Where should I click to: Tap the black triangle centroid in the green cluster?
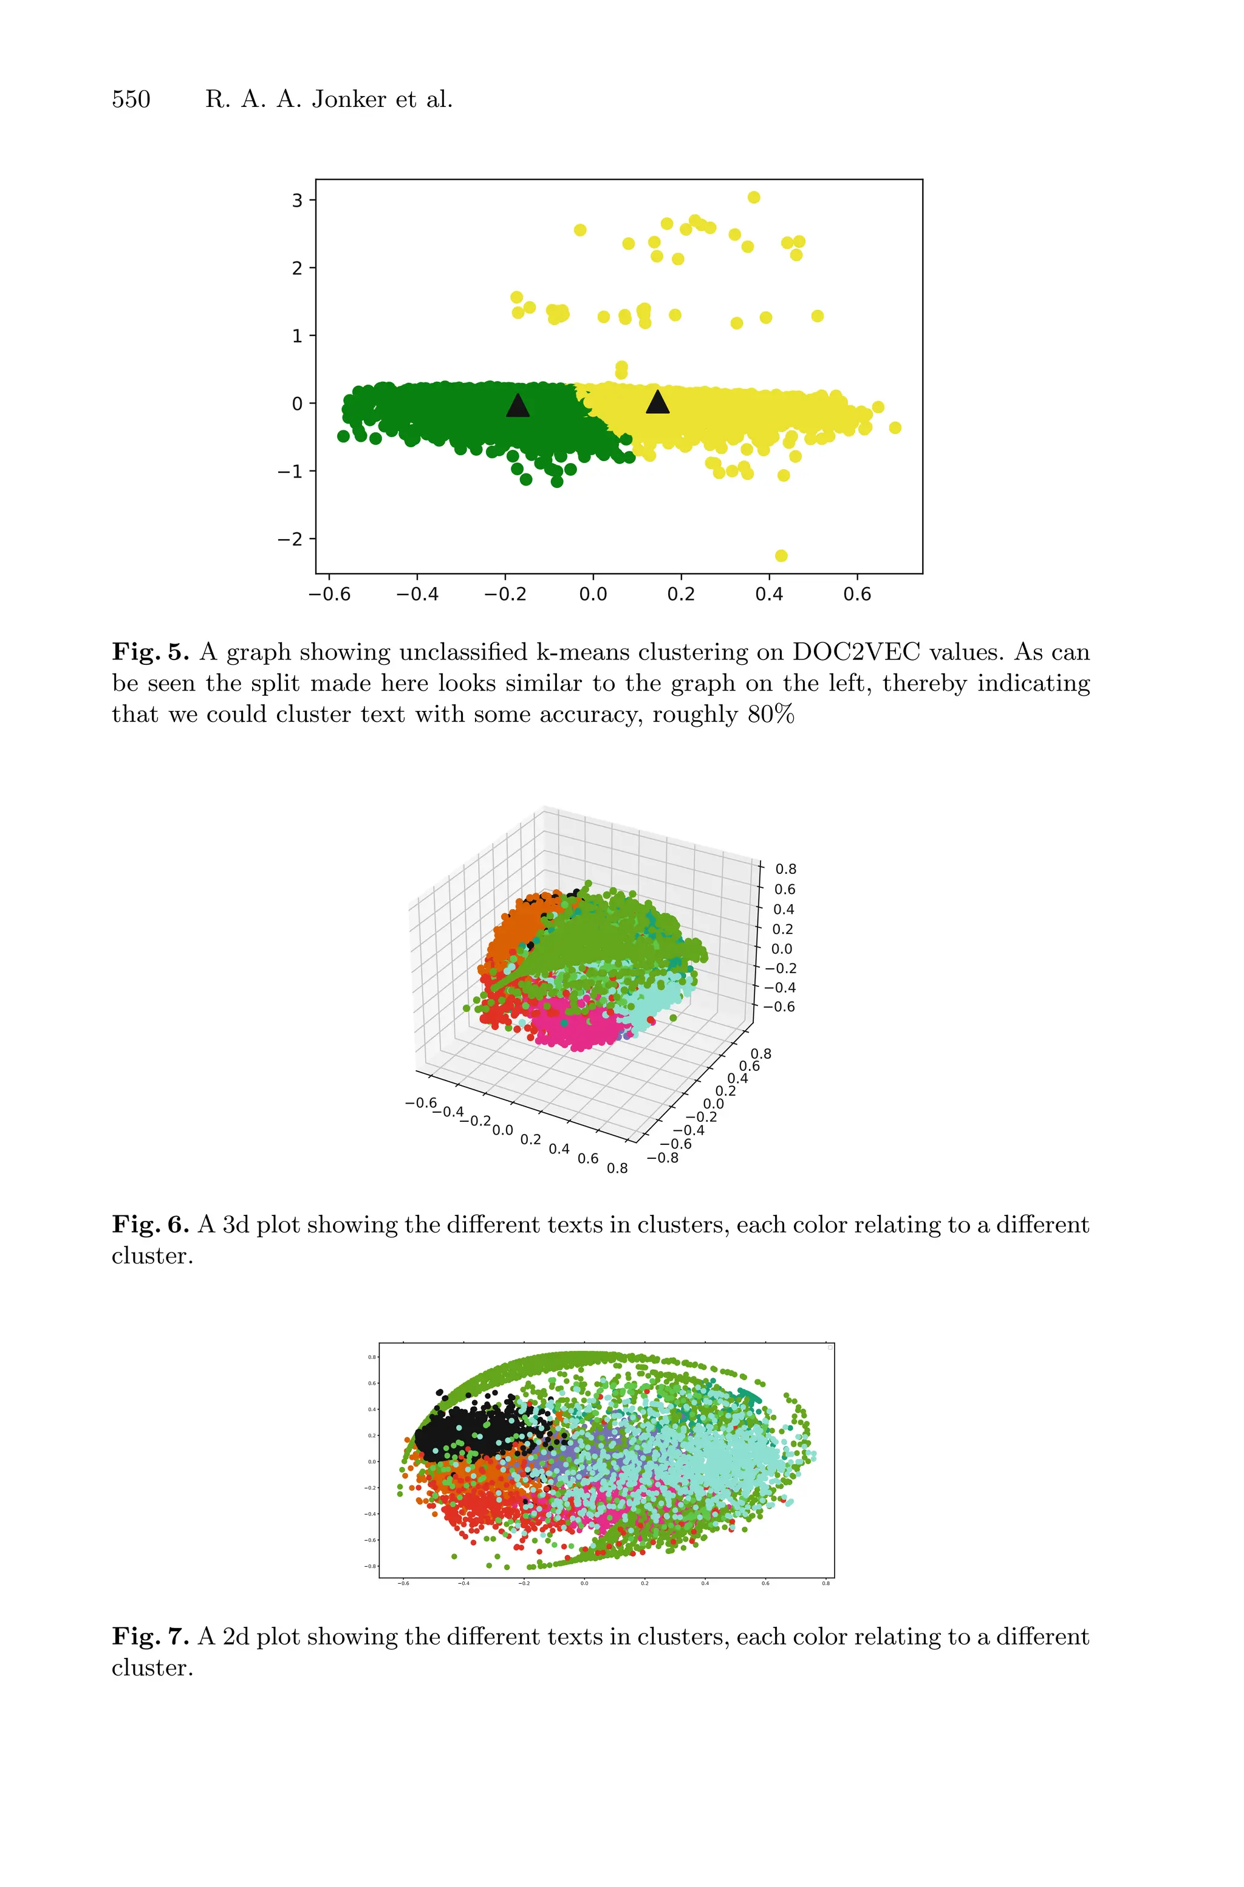tap(518, 405)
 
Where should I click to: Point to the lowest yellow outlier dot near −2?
tap(781, 555)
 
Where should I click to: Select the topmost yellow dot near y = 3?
tap(754, 197)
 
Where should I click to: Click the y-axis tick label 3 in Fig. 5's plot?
tap(298, 200)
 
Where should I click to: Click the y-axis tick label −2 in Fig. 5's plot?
tap(290, 539)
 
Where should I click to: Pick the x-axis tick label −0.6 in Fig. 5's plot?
tap(329, 594)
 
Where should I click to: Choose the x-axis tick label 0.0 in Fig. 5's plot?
tap(593, 594)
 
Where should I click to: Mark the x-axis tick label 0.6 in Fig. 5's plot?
tap(857, 594)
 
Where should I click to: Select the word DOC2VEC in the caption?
tap(856, 652)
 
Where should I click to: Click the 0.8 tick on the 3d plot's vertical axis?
tap(785, 869)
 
